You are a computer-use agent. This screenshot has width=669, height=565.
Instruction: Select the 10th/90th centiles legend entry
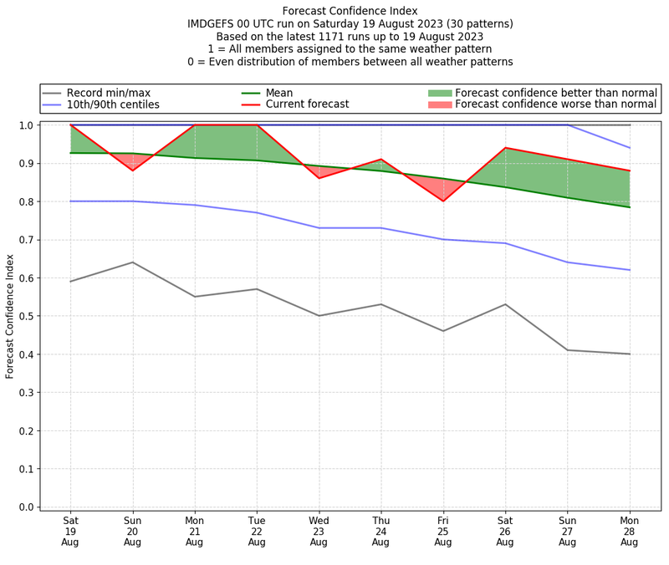click(x=113, y=104)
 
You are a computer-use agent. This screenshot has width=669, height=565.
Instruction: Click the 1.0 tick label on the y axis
click(x=26, y=125)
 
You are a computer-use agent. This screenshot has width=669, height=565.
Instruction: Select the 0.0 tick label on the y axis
click(x=26, y=507)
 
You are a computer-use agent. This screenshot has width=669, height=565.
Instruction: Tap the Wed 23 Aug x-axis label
click(x=319, y=531)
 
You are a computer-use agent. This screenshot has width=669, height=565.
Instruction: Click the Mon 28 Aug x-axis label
click(x=629, y=531)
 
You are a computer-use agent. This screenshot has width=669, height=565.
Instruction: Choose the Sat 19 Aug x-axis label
click(x=70, y=531)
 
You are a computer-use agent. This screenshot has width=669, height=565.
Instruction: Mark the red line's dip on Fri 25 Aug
click(x=443, y=201)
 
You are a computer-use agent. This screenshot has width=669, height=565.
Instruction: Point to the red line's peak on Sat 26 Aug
click(x=505, y=148)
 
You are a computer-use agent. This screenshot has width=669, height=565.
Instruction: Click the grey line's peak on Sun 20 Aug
click(x=132, y=262)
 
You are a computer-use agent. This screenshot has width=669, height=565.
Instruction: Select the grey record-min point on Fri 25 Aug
click(x=443, y=331)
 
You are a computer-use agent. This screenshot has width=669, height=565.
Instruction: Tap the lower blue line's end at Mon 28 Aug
click(x=629, y=270)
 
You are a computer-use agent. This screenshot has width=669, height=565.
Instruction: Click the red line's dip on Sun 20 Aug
click(x=132, y=171)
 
